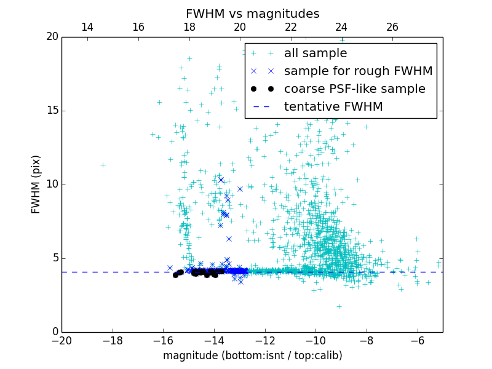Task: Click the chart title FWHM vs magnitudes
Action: pyautogui.click(x=252, y=14)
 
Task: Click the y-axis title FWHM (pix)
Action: pyautogui.click(x=36, y=184)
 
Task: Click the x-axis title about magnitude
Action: pyautogui.click(x=252, y=355)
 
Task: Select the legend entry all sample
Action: pyautogui.click(x=315, y=54)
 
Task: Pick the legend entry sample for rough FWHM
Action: pyautogui.click(x=358, y=71)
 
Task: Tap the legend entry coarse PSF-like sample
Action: pyautogui.click(x=354, y=89)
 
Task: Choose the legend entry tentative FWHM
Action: pyautogui.click(x=333, y=107)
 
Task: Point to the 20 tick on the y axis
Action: pyautogui.click(x=52, y=37)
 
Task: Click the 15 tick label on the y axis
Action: pyautogui.click(x=52, y=111)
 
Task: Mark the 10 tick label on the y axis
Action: pyautogui.click(x=52, y=184)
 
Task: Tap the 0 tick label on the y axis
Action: pyautogui.click(x=55, y=332)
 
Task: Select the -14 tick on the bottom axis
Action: pyautogui.click(x=214, y=340)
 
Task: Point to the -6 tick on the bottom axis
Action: pyautogui.click(x=417, y=340)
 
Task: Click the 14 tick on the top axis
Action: pyautogui.click(x=87, y=27)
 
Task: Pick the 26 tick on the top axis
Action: pyautogui.click(x=392, y=27)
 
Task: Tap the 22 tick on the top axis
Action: pyautogui.click(x=291, y=27)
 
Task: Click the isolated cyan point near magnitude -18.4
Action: pyautogui.click(x=103, y=165)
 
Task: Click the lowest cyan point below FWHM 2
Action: pyautogui.click(x=339, y=306)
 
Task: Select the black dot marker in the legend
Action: pyautogui.click(x=271, y=89)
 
